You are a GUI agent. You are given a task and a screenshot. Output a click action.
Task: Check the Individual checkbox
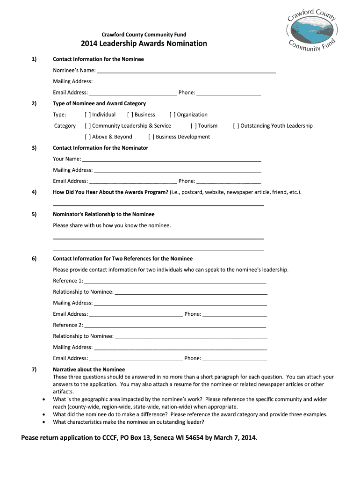87,115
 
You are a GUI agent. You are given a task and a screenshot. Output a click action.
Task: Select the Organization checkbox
173,115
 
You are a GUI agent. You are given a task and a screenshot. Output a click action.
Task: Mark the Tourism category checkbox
194,126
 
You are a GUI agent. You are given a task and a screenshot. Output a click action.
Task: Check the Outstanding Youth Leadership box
236,126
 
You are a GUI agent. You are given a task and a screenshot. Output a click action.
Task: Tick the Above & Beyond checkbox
87,137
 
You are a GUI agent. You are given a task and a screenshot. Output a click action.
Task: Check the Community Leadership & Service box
87,126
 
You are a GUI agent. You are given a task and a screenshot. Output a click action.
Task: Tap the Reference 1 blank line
175,282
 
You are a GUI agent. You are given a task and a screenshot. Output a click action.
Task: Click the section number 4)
34,192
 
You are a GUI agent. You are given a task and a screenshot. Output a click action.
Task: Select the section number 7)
34,370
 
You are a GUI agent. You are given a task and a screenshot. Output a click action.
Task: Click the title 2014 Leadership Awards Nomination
144,44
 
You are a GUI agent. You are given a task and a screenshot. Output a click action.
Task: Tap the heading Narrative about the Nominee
89,370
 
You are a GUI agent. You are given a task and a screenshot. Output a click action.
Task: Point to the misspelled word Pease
32,438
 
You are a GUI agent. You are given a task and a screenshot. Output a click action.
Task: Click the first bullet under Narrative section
44,399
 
